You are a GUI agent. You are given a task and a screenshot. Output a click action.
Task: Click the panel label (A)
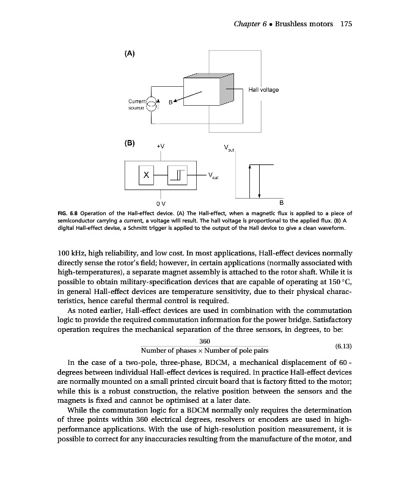(130, 53)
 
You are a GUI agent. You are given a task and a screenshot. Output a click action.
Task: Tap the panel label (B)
(130, 144)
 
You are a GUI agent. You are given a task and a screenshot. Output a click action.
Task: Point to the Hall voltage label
(263, 90)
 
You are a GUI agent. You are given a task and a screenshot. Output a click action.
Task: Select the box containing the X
(145, 175)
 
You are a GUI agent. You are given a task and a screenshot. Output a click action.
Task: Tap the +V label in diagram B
(160, 146)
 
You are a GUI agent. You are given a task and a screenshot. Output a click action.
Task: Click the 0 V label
(159, 202)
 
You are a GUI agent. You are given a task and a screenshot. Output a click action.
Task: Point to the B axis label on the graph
(281, 202)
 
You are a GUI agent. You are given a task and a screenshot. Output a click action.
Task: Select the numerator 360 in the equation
(205, 340)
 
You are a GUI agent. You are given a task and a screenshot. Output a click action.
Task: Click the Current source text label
(136, 103)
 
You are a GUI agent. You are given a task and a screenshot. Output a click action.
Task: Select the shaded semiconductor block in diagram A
(208, 93)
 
